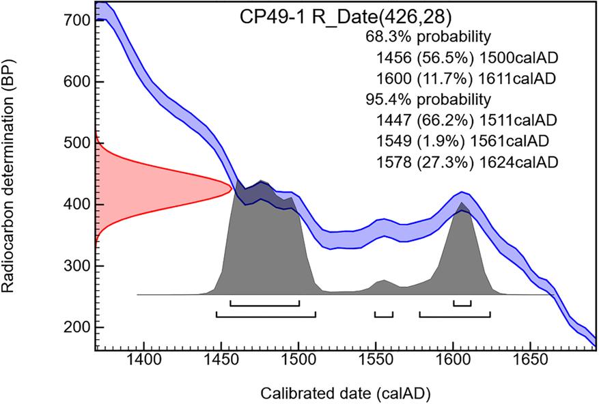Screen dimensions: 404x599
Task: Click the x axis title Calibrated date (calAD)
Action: tap(344, 393)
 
